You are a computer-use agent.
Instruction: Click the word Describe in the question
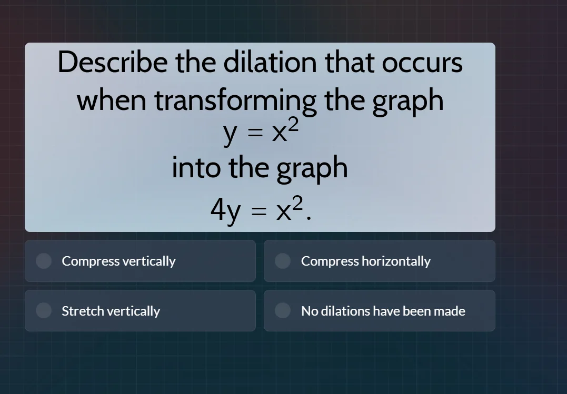point(113,63)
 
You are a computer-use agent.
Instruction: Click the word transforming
point(235,100)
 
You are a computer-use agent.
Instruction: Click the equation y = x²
point(261,133)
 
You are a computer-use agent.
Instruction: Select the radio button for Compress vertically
point(44,261)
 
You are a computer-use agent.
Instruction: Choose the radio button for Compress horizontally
point(283,261)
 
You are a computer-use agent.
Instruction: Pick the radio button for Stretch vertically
point(44,311)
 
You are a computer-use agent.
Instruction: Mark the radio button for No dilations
point(283,311)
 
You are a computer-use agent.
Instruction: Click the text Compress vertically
point(118,261)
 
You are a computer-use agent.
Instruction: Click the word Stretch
point(83,311)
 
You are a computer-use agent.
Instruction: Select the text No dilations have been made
point(383,311)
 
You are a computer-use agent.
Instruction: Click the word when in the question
point(112,100)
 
